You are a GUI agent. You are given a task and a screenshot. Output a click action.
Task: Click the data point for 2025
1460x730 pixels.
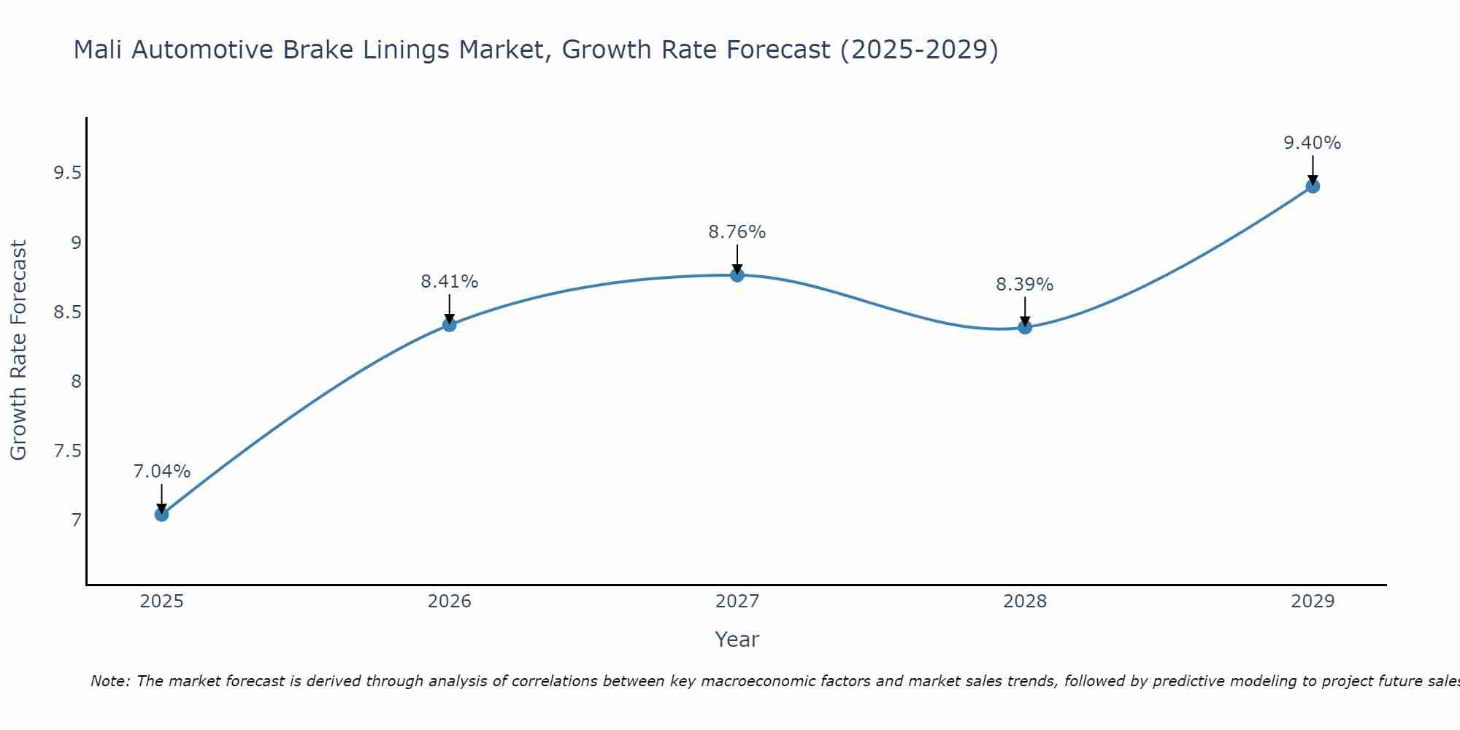[x=161, y=515]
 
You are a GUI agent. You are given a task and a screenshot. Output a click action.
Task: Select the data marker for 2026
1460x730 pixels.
[x=450, y=324]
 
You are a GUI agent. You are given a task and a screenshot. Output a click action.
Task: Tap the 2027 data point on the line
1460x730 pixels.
[x=737, y=275]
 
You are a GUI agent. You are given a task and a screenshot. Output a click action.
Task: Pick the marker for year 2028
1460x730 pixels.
[x=1025, y=327]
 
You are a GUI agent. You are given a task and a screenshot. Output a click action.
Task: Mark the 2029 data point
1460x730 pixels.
[x=1313, y=186]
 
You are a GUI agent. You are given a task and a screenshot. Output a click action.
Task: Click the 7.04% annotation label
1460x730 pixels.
[x=161, y=472]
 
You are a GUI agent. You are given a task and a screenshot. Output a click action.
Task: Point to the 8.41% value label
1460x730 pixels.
[x=450, y=282]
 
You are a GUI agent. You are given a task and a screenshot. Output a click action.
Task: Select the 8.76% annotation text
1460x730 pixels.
[x=737, y=232]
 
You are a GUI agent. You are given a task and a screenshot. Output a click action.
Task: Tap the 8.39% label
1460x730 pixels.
[x=1025, y=285]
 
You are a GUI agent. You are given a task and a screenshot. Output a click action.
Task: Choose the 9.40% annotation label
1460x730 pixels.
[x=1313, y=143]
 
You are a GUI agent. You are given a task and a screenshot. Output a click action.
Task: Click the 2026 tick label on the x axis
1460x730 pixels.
[x=450, y=602]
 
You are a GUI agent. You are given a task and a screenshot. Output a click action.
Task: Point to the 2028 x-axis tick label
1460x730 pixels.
[x=1025, y=602]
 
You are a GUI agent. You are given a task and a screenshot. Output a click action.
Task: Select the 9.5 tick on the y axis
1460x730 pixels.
[x=67, y=173]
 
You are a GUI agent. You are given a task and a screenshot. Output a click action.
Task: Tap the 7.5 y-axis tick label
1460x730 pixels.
[x=67, y=451]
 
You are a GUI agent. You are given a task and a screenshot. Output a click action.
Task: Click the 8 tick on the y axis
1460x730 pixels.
[x=76, y=382]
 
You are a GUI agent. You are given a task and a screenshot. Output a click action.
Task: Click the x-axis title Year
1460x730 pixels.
[x=737, y=639]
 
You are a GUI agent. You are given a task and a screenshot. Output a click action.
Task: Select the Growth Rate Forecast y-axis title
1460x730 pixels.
[x=19, y=350]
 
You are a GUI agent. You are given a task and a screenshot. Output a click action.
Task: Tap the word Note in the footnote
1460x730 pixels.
[x=109, y=681]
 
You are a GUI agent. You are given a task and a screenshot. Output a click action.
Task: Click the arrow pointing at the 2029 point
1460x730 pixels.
[x=1313, y=169]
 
